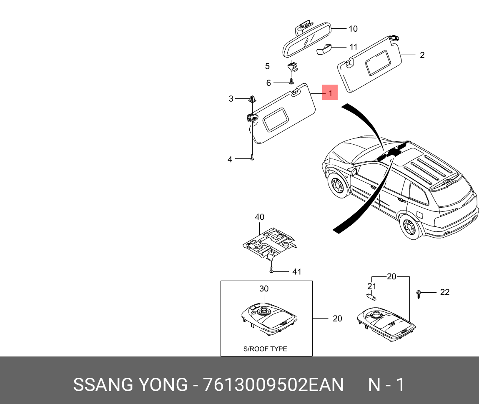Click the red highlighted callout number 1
click(x=330, y=93)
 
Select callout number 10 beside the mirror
click(x=353, y=29)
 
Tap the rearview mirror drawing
click(x=306, y=42)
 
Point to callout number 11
click(x=354, y=47)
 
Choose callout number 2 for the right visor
click(x=422, y=55)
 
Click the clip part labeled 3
click(x=251, y=99)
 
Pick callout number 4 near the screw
click(x=230, y=159)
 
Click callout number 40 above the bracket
click(x=259, y=217)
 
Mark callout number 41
click(x=296, y=272)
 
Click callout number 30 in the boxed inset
click(x=264, y=289)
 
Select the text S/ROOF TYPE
click(x=265, y=349)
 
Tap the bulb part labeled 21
click(x=371, y=297)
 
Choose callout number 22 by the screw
click(x=445, y=292)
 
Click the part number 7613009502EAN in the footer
click(x=273, y=385)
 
